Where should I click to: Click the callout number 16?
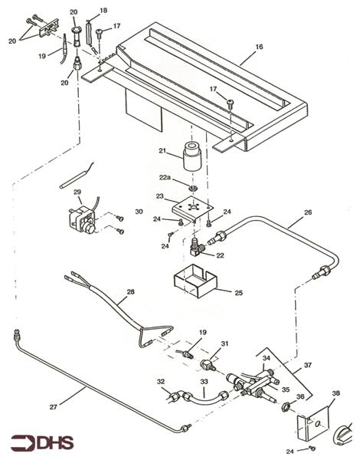pyautogui.click(x=260, y=47)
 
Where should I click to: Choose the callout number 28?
pyautogui.click(x=129, y=293)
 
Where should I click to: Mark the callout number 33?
pyautogui.click(x=205, y=381)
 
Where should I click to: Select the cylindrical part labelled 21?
pyautogui.click(x=190, y=156)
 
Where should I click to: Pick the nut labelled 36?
pyautogui.click(x=283, y=407)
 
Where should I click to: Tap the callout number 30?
pyautogui.click(x=139, y=212)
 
